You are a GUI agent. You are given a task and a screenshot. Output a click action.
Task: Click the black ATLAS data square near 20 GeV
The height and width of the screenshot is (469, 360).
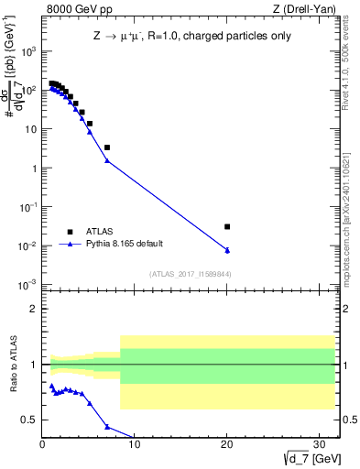click(227, 226)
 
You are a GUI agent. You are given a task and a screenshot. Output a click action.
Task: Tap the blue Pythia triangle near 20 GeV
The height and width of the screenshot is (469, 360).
click(227, 250)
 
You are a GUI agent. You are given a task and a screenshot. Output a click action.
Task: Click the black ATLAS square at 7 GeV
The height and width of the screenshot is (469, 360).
click(107, 147)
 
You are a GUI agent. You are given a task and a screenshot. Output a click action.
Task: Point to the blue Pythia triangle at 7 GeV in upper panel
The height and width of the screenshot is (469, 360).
click(107, 161)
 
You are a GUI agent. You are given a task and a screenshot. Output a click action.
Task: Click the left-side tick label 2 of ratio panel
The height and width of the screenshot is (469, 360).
click(33, 309)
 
